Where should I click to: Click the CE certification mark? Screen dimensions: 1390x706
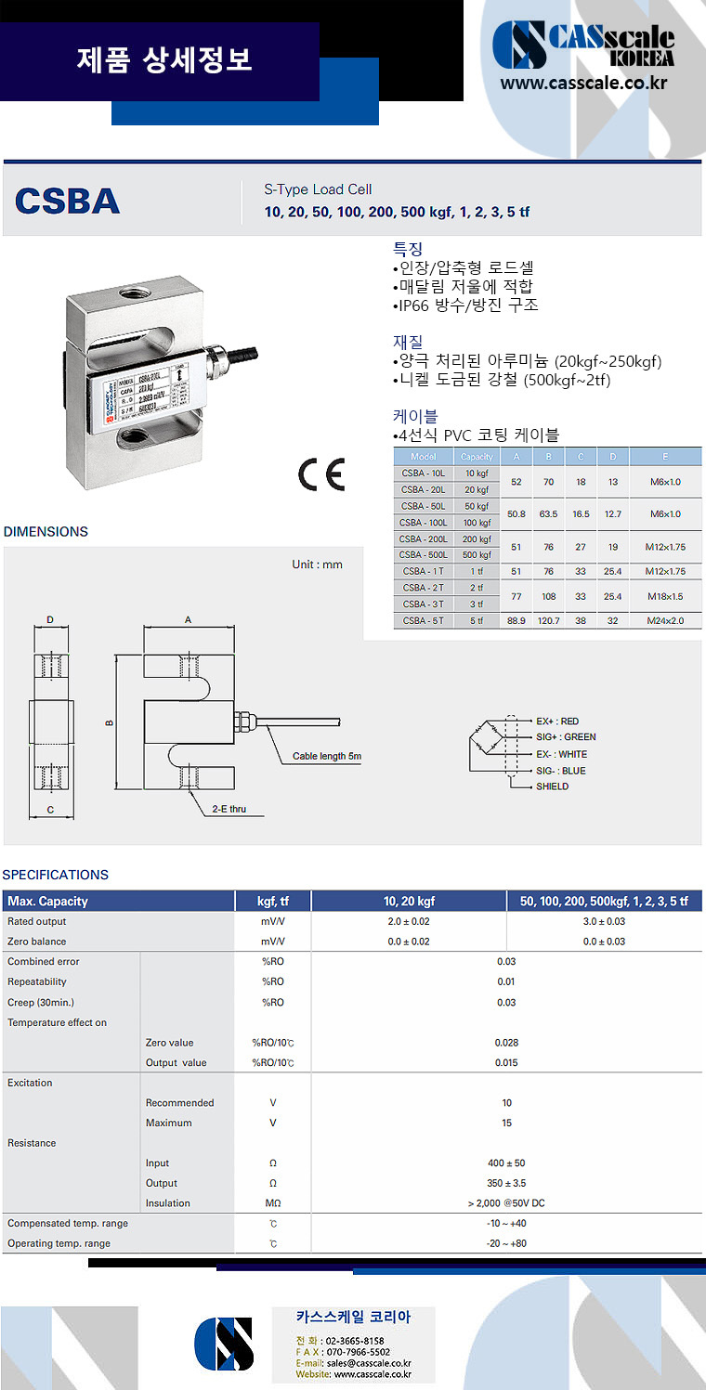(x=321, y=474)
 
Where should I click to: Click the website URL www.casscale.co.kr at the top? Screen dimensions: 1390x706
(x=583, y=84)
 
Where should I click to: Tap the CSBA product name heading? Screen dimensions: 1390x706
(x=68, y=201)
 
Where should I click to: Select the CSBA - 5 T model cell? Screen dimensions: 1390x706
(x=423, y=620)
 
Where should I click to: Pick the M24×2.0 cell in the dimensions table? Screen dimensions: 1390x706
(x=665, y=620)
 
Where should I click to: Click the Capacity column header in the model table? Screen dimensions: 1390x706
(x=477, y=457)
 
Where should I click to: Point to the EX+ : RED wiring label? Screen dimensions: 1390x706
(x=557, y=721)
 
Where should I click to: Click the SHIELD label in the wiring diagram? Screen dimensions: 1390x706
(x=552, y=786)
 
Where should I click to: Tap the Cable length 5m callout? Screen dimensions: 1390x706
(x=326, y=756)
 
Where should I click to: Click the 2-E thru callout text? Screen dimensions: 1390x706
(x=229, y=810)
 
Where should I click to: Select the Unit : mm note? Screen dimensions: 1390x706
(x=317, y=565)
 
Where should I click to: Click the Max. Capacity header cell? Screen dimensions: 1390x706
(x=48, y=901)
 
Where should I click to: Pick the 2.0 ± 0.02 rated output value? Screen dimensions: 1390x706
(x=409, y=922)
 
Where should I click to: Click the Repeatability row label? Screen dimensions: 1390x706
(x=37, y=981)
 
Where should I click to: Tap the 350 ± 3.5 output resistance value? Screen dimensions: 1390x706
(x=506, y=1183)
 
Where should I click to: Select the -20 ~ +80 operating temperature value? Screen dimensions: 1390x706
(x=506, y=1243)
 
